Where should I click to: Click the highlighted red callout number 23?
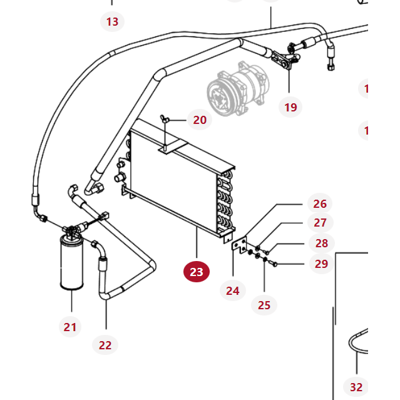[x=197, y=272]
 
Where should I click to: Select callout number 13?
[x=112, y=22]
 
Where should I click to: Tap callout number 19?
[x=290, y=107]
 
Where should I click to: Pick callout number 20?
[x=200, y=119]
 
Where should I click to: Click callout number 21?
[x=69, y=326]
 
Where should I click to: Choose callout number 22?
[x=105, y=344]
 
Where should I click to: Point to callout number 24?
[x=233, y=290]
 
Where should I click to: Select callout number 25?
[x=264, y=305]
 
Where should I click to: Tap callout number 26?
[x=320, y=203]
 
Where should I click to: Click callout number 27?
[x=321, y=222]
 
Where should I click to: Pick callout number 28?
[x=321, y=243]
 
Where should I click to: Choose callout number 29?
[x=321, y=264]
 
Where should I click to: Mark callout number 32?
[x=356, y=387]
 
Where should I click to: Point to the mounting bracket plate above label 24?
[x=238, y=245]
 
